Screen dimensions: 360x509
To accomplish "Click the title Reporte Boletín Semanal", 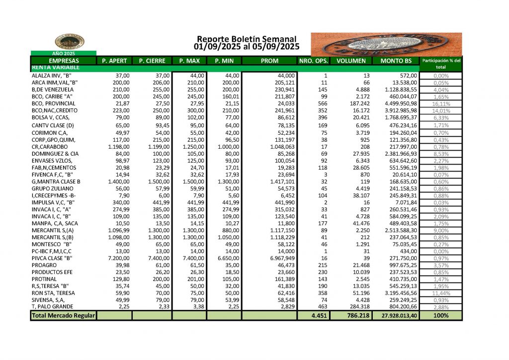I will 247,39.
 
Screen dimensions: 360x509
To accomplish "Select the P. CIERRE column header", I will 152,61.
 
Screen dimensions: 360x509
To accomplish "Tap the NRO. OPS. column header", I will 313,61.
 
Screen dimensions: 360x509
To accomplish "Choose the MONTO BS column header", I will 396,61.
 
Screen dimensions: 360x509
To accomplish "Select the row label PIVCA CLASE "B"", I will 52,259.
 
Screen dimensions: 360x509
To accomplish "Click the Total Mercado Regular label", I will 63,316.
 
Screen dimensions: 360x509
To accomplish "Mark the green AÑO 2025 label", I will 64,53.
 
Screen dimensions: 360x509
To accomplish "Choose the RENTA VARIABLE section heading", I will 50,67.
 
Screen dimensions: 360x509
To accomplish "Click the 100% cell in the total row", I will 440,316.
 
